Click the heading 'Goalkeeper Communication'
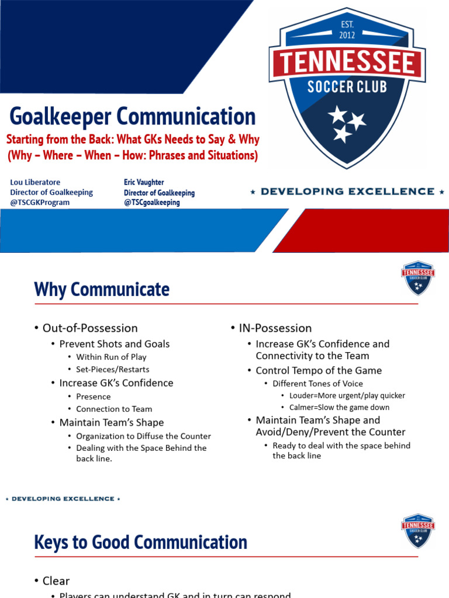click(133, 116)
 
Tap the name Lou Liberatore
click(35, 182)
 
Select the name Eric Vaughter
click(144, 182)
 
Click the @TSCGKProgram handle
click(40, 203)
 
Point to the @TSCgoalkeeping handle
click(152, 203)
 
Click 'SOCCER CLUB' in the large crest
click(347, 87)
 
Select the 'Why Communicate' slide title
click(102, 289)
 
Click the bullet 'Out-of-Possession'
click(90, 328)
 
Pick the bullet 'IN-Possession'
click(275, 328)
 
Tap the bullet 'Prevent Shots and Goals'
click(115, 344)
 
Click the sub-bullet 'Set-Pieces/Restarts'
click(112, 369)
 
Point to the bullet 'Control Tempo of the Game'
click(319, 370)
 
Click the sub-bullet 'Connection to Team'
click(114, 409)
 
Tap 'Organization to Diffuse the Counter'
click(143, 436)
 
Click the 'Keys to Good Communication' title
click(140, 542)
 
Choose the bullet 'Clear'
click(56, 580)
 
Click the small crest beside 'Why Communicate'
click(417, 278)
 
